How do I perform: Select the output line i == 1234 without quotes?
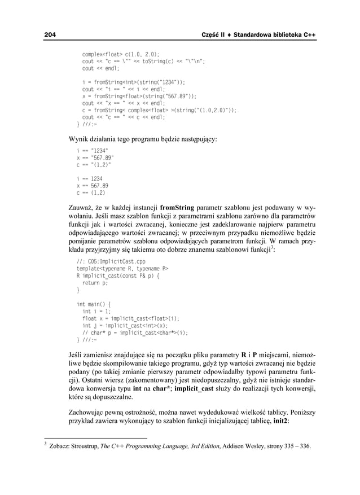89,178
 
